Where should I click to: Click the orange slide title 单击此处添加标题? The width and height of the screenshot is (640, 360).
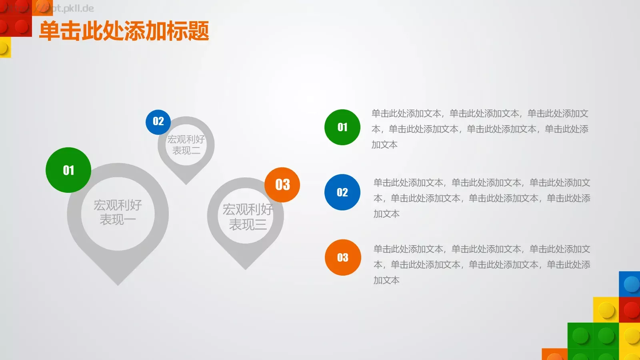(124, 31)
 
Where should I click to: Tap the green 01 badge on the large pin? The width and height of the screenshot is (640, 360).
(68, 170)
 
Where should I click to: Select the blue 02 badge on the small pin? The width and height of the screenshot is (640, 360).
(158, 122)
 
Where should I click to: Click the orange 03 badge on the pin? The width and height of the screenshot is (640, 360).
(282, 184)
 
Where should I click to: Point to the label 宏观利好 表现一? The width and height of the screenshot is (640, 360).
(118, 212)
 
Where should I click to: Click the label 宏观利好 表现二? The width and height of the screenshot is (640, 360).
(186, 145)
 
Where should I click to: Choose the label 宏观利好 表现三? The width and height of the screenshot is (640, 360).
(248, 217)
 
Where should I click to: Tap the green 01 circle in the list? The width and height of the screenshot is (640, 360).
(342, 127)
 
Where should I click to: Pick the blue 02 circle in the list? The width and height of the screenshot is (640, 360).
(342, 192)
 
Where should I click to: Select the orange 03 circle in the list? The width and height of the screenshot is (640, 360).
(343, 258)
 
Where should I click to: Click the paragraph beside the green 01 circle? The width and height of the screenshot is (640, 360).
(480, 129)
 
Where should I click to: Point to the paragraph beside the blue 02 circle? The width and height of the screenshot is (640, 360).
(482, 198)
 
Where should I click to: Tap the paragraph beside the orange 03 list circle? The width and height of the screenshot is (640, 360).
(482, 265)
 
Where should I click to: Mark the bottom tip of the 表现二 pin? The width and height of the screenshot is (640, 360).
(186, 184)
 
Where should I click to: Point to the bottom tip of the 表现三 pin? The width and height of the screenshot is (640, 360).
(245, 268)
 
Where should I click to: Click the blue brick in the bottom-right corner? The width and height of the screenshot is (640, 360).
(630, 284)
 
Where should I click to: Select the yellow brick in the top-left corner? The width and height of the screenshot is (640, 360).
(5, 47)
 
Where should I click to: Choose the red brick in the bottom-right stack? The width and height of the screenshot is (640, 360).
(630, 310)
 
